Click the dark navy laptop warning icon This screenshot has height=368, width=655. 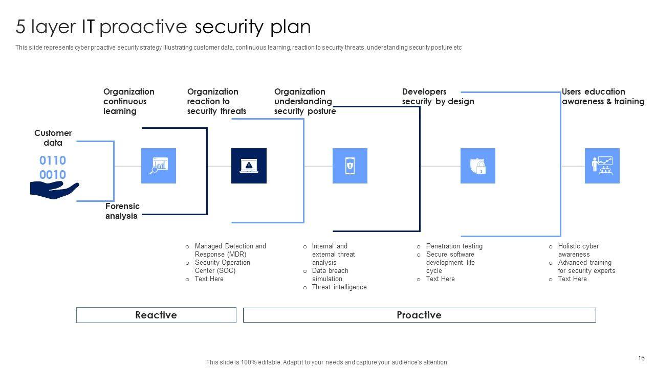tap(249, 166)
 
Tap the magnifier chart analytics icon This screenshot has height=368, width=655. tap(159, 166)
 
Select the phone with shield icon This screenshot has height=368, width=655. tap(350, 166)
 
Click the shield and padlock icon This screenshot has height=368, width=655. tap(478, 166)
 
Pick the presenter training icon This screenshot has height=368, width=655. tap(602, 166)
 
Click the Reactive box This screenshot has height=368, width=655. tap(156, 315)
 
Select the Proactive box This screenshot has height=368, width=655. tap(419, 315)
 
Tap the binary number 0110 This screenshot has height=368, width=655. tap(53, 160)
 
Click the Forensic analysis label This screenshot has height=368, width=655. tap(122, 211)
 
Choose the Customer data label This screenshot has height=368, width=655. tap(53, 138)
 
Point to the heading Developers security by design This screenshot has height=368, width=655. tap(438, 97)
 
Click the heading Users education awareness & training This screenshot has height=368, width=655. tap(603, 97)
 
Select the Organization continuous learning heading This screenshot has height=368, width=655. tap(128, 101)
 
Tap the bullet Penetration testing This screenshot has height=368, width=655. tap(454, 246)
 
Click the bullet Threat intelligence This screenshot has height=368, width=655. tap(339, 287)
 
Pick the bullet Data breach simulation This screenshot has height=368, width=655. tap(330, 275)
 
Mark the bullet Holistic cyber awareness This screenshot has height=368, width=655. tap(578, 250)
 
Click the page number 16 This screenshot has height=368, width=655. tap(641, 358)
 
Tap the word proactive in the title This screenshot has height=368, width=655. tap(144, 27)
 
